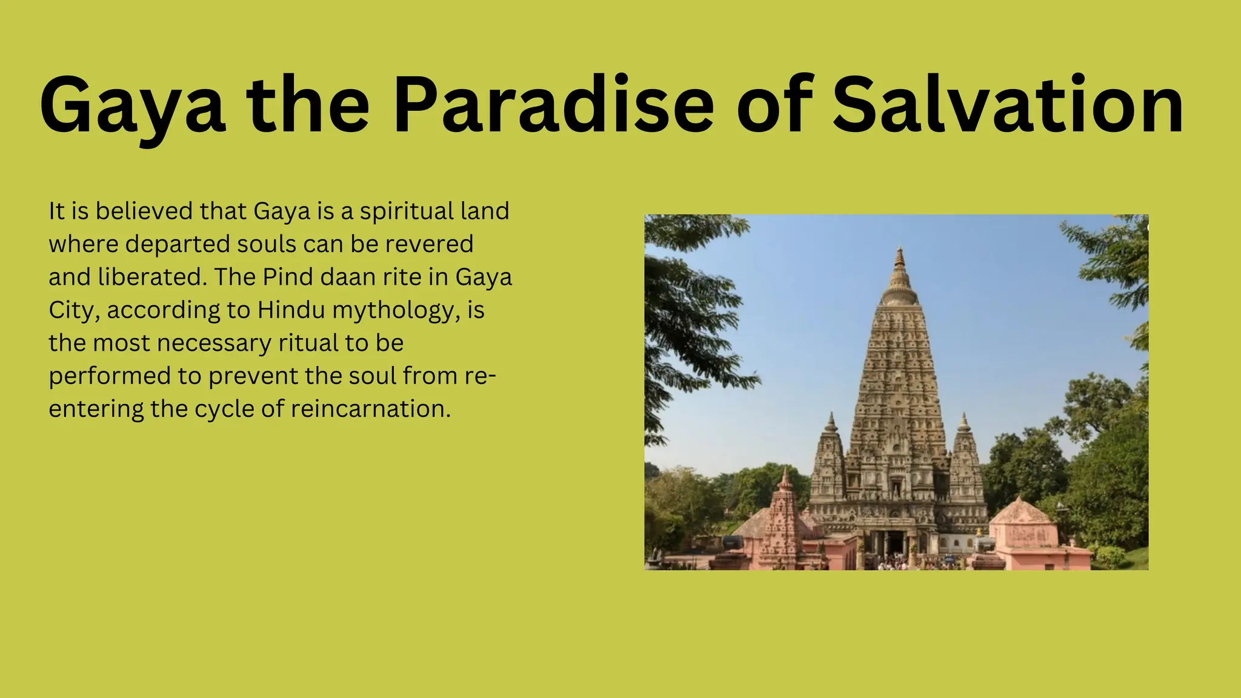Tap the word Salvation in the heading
click(x=1007, y=104)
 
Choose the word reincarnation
click(x=371, y=409)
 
